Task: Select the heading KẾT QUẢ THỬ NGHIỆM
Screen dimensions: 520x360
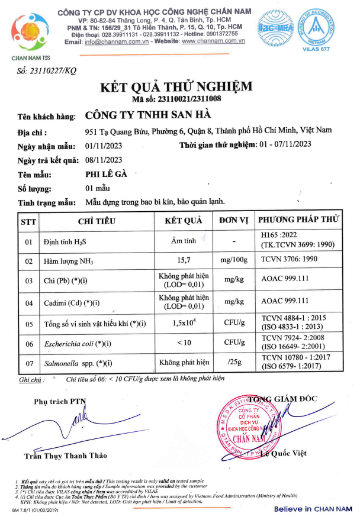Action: tap(176, 87)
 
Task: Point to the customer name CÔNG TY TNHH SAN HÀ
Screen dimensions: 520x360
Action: tap(148, 115)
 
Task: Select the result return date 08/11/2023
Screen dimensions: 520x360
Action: tap(104, 160)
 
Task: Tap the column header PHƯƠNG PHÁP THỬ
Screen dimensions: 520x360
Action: tap(300, 221)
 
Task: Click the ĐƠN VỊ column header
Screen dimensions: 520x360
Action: tap(233, 221)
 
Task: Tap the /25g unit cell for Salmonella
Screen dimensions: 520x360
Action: tap(233, 362)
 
